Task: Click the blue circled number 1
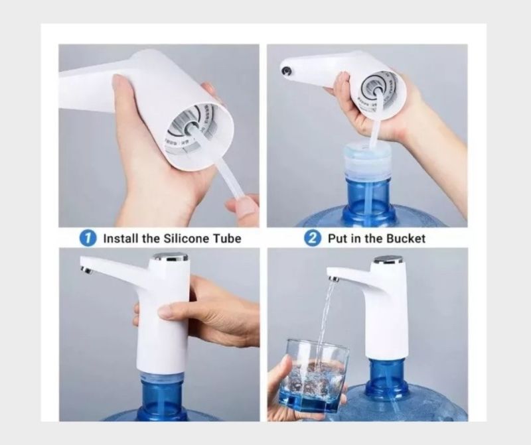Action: click(x=87, y=238)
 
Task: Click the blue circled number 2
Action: click(x=312, y=238)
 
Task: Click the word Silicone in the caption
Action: click(x=187, y=239)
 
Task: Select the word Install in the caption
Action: click(x=121, y=239)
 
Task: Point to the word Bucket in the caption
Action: click(x=406, y=239)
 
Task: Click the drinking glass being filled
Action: click(x=313, y=375)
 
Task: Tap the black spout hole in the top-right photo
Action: click(x=287, y=71)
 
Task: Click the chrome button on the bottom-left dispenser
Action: click(x=171, y=257)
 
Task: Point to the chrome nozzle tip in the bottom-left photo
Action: click(x=86, y=270)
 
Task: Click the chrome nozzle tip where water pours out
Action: click(x=333, y=279)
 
